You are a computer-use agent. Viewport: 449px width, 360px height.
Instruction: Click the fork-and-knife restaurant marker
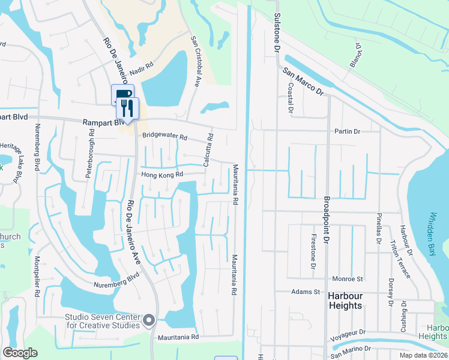click(127, 108)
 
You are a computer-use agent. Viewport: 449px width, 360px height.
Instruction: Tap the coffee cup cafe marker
click(122, 94)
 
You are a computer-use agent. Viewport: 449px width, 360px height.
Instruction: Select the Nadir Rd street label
click(142, 68)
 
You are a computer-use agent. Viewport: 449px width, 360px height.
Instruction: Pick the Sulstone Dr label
click(277, 31)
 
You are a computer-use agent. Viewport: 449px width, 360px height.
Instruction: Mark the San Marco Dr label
click(303, 81)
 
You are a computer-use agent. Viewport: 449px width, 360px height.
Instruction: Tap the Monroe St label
click(348, 279)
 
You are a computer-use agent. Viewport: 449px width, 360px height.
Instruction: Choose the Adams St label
click(305, 292)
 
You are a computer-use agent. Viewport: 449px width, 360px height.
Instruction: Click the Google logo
click(20, 352)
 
